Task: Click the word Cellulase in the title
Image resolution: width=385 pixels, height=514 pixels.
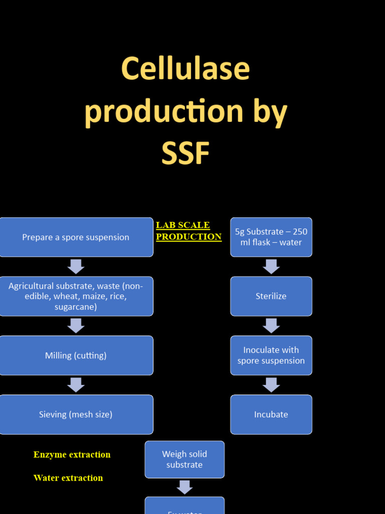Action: pos(185,69)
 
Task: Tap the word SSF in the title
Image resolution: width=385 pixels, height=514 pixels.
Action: pos(185,153)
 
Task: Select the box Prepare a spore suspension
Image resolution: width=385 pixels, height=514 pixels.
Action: pos(76,237)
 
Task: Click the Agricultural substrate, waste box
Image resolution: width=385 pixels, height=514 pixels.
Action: pos(76,296)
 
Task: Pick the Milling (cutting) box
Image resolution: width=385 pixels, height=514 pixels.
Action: pos(76,355)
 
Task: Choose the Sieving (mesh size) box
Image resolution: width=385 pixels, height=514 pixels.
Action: pos(76,415)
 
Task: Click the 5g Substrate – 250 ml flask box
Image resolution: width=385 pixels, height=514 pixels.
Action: pos(271,237)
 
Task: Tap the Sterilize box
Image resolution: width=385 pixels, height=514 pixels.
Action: pos(271,296)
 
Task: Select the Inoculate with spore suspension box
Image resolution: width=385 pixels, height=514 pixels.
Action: pos(271,355)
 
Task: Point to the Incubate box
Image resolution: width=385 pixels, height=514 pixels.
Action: pos(271,415)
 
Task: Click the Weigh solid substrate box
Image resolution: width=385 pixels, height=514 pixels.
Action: pos(184,459)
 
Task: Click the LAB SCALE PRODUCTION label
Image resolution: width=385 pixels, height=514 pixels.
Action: pos(188,231)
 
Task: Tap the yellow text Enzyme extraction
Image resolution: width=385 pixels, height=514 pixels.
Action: pos(72,455)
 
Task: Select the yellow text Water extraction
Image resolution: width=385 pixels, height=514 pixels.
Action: pos(68,478)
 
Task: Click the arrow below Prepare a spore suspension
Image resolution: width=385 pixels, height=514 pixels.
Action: pos(76,267)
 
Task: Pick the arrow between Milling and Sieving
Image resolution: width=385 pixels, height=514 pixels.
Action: pos(76,385)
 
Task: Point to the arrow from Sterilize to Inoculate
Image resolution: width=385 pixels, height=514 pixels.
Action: pos(271,326)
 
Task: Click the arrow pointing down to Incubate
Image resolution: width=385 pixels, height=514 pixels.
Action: pos(271,385)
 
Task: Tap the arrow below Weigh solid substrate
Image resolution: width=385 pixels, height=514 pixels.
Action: pos(184,487)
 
